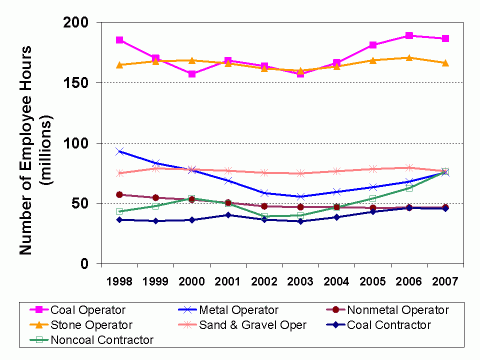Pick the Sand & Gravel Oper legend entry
coord(236,324)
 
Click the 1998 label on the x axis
coord(120,283)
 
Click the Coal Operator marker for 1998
coord(120,40)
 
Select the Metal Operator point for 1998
coord(120,152)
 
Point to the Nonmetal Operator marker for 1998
coord(120,195)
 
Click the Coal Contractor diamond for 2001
coord(228,215)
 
